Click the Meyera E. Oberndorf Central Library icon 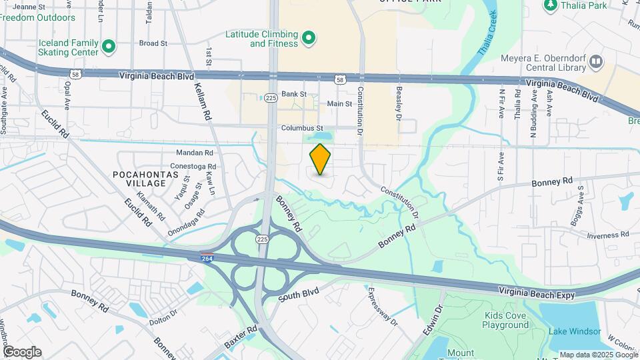[595, 63]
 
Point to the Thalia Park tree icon [551, 5]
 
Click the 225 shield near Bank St [270, 97]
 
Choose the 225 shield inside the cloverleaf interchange [263, 238]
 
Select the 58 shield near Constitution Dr [341, 80]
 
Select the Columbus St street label [301, 128]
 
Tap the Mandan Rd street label [194, 153]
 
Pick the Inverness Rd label [607, 235]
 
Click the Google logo [22, 352]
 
